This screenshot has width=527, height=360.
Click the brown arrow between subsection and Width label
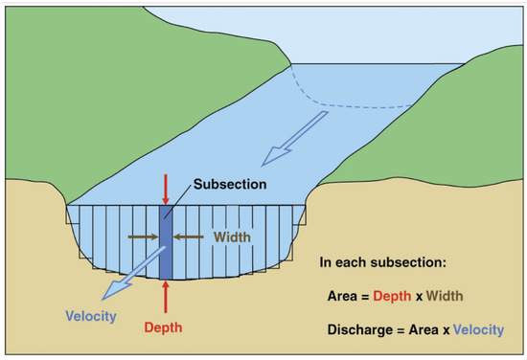click(x=190, y=232)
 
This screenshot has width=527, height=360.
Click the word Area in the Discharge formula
click(x=424, y=330)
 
